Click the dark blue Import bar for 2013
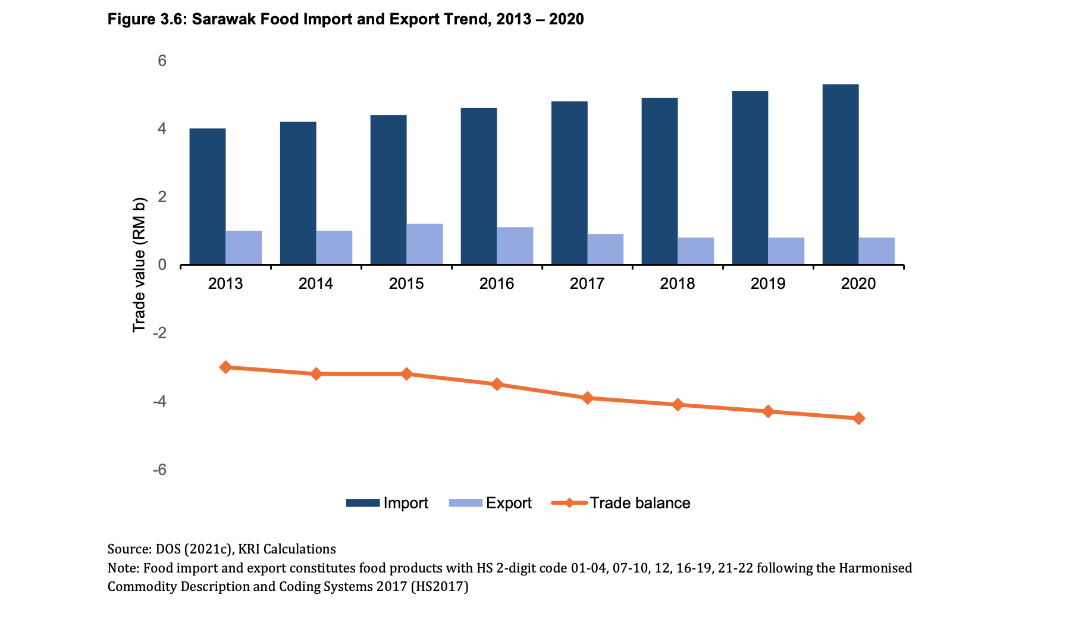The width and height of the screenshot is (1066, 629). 208,196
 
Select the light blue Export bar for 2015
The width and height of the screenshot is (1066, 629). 425,244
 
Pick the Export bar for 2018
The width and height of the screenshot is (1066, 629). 695,251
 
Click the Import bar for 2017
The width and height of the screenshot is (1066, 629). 569,183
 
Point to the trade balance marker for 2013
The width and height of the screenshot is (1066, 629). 225,367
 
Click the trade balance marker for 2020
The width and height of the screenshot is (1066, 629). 858,419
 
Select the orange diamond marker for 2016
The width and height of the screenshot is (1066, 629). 497,385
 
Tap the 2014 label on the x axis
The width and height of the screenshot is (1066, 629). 316,284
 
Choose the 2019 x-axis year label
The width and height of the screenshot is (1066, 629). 768,284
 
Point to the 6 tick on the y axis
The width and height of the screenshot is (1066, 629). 162,61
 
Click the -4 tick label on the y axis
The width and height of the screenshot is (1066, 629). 159,402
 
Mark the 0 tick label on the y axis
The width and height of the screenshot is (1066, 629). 162,265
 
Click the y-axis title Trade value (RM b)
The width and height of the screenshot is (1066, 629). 139,265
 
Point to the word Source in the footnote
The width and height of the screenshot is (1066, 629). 128,549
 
